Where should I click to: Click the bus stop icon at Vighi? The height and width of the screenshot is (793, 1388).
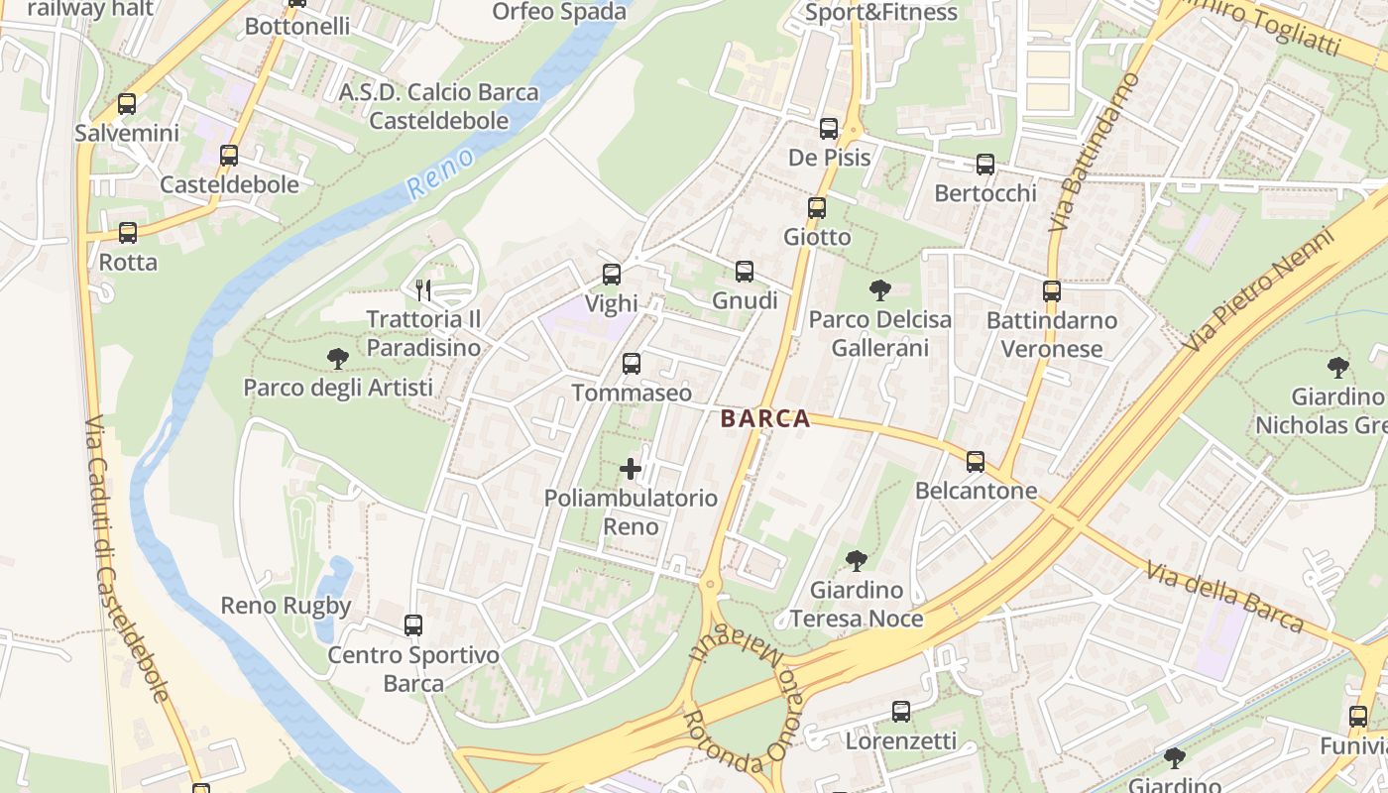coord(612,275)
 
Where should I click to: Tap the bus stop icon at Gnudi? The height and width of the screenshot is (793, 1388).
coord(745,271)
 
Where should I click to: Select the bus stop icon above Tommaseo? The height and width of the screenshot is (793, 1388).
coord(632,364)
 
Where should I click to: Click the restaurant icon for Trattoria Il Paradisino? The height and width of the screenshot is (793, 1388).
coord(424,289)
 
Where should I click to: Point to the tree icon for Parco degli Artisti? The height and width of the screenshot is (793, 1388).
coord(338,358)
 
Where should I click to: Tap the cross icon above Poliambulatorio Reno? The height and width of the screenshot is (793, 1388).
coord(631,468)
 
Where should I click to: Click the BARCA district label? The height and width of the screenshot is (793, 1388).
coord(765,419)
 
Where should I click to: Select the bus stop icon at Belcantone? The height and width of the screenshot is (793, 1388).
coord(976,461)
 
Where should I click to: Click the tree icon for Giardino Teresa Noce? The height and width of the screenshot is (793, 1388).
coord(856,561)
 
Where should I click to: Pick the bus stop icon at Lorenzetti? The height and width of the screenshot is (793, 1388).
coord(901,711)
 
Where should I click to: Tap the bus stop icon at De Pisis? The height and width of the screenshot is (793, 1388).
coord(829,129)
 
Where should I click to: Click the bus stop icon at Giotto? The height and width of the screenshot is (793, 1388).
coord(817,208)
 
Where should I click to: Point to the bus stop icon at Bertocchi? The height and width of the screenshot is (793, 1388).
coord(985,165)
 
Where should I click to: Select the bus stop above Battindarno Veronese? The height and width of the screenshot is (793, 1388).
coord(1052,291)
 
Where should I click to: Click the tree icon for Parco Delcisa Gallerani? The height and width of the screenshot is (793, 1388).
coord(879,290)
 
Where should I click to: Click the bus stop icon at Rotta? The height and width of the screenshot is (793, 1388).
coord(128,233)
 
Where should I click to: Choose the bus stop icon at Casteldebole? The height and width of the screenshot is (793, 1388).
coord(229,156)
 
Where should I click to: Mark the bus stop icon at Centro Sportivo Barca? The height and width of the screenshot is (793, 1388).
coord(413,625)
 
